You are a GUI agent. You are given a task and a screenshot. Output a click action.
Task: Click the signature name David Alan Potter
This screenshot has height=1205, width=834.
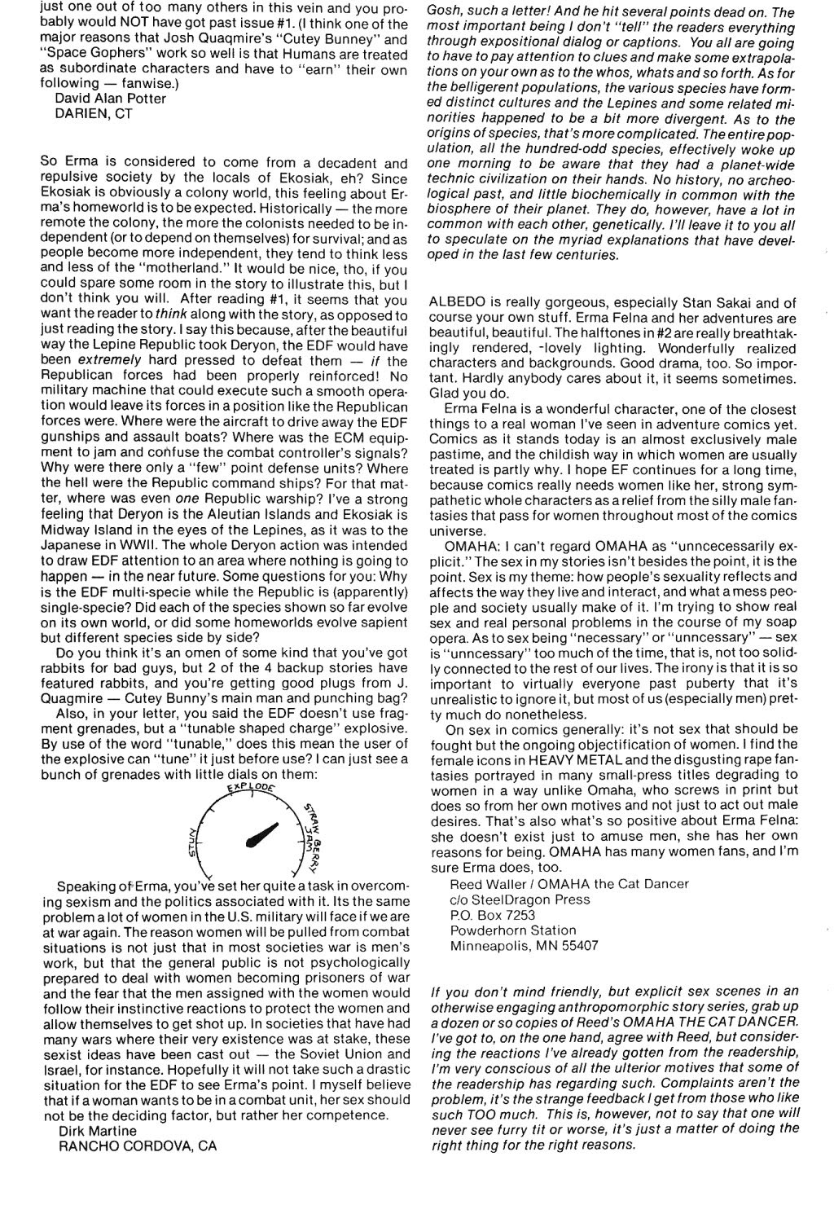110,99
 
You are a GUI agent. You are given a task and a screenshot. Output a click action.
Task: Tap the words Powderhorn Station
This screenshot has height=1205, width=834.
513,930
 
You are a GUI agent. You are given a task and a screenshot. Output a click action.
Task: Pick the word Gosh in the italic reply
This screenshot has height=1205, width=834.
444,12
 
